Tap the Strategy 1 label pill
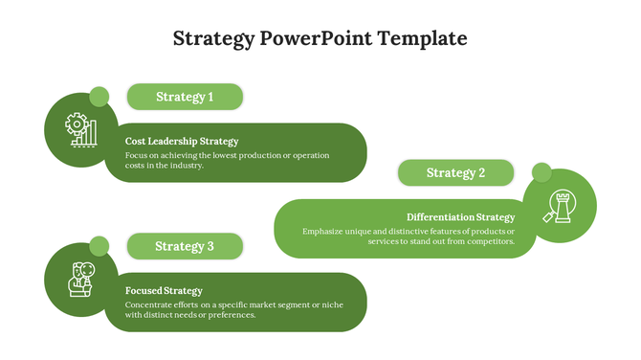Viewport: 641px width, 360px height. coord(185,97)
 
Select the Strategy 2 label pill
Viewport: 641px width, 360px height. coord(455,173)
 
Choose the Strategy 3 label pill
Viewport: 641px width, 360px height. coord(185,246)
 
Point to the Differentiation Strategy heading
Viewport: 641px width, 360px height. coord(460,217)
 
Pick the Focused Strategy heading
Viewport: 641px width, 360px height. coord(164,290)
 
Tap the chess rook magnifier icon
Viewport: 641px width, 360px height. coord(560,206)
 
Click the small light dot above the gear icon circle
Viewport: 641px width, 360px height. coord(99,96)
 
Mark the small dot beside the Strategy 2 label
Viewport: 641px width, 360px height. coord(542,172)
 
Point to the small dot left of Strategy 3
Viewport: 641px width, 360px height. coord(99,246)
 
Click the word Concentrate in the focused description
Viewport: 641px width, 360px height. coord(150,304)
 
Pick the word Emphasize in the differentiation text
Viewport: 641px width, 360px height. coord(325,231)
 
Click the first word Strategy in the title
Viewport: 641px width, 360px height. coord(213,39)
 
